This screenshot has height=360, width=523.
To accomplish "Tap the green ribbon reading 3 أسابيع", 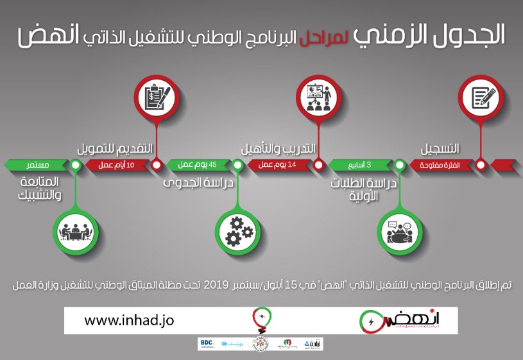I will (x=360, y=165).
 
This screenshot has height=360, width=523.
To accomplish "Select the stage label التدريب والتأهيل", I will (x=279, y=150).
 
